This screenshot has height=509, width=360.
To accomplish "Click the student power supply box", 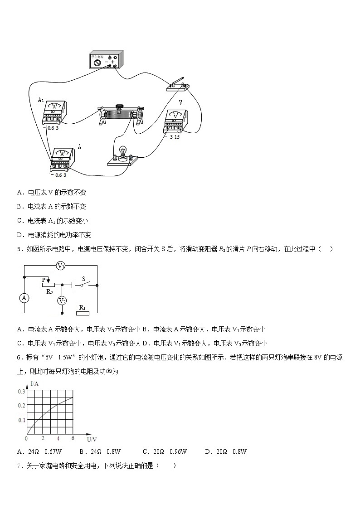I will [x=106, y=60].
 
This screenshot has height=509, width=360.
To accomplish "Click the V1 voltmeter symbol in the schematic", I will [x=61, y=266].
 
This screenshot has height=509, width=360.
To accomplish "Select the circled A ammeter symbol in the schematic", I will [x=24, y=298].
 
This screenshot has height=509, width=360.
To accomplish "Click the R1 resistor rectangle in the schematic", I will [x=82, y=313].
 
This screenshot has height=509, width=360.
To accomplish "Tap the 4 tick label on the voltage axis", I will [x=58, y=438].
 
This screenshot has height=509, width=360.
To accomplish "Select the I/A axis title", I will [x=34, y=384].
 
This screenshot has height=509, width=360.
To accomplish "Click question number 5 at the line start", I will [x=19, y=249].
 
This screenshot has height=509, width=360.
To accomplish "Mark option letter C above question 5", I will [x=19, y=221].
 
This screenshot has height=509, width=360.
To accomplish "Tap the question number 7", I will [x=19, y=465].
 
